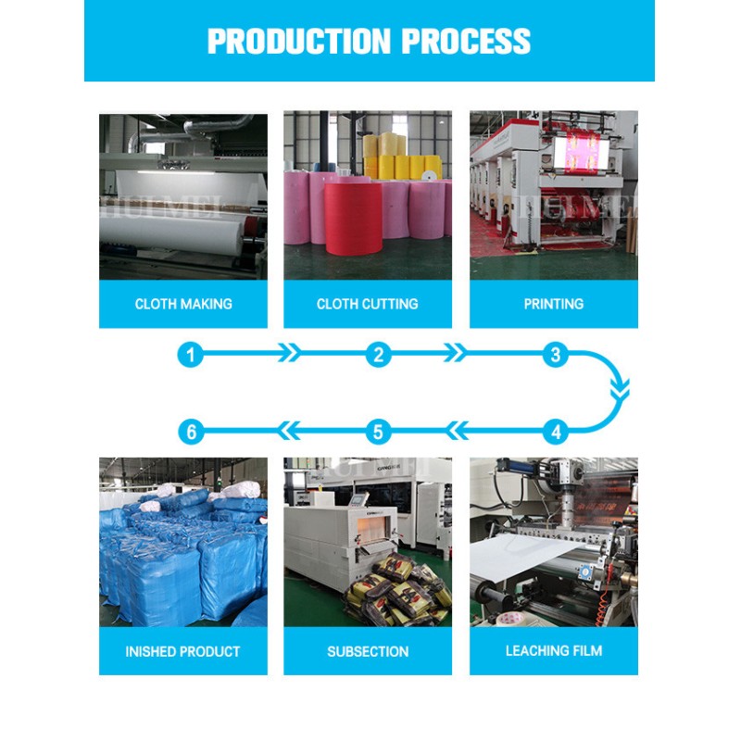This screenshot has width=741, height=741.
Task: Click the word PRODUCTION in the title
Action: tap(299, 41)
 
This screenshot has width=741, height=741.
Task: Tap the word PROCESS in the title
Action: tap(466, 41)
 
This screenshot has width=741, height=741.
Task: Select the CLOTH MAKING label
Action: tap(183, 304)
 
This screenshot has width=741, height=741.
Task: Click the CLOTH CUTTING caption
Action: tap(367, 304)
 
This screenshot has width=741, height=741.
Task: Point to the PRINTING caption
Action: tap(553, 304)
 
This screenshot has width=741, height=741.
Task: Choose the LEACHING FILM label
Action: tap(553, 651)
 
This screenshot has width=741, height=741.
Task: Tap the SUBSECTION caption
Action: tap(368, 652)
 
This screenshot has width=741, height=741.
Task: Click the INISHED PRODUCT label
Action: tap(182, 652)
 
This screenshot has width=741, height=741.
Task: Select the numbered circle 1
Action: tap(191, 355)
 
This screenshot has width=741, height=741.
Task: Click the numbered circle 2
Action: tap(379, 355)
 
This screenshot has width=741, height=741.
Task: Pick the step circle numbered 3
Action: tap(556, 355)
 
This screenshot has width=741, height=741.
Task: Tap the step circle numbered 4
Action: tap(556, 432)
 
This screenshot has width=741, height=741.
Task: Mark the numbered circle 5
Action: tap(378, 432)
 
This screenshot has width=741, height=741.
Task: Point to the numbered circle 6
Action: tap(191, 432)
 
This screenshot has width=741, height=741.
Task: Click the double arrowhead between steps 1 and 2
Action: tap(289, 353)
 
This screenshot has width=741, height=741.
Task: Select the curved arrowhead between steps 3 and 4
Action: tap(620, 391)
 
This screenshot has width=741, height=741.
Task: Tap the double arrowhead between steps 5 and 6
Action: tap(288, 431)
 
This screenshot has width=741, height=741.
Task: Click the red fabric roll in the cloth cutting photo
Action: tap(354, 218)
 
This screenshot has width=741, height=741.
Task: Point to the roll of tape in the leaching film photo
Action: tap(511, 618)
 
